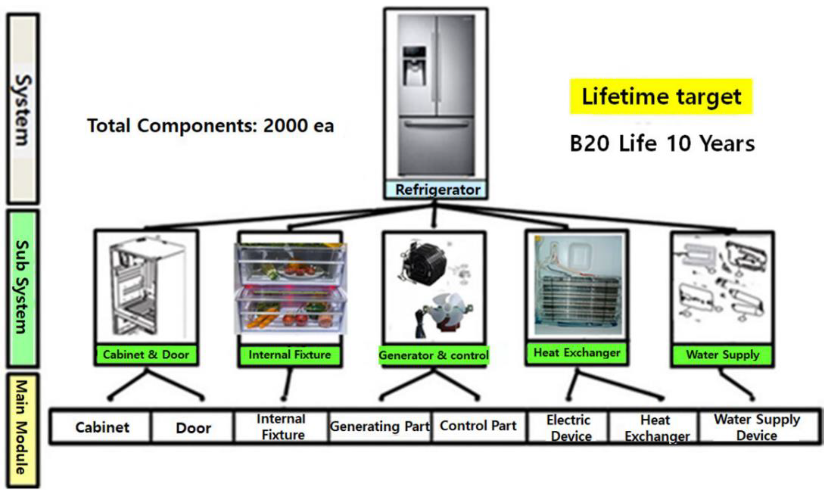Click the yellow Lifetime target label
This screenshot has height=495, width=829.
(x=661, y=96)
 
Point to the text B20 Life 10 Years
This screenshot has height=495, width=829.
(x=662, y=144)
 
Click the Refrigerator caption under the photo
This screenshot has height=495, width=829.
(x=437, y=190)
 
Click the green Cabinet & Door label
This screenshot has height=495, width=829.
(x=146, y=355)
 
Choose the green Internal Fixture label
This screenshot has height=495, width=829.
(x=289, y=355)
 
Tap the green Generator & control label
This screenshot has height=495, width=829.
(x=433, y=355)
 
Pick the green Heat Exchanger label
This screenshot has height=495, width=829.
(x=577, y=352)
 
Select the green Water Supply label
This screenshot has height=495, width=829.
(x=723, y=355)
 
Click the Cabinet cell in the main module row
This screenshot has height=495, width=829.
(x=102, y=427)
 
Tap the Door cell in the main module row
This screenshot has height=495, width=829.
(x=193, y=428)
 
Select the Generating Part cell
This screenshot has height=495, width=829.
(x=380, y=426)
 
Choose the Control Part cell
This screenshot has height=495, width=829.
(x=478, y=426)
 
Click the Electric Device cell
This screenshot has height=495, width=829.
(x=569, y=428)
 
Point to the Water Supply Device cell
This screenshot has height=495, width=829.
(x=757, y=427)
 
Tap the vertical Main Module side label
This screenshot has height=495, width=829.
(x=22, y=429)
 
